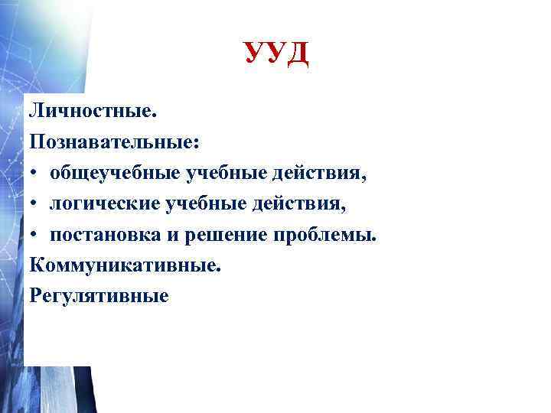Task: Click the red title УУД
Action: point(276,54)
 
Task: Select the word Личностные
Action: point(93,111)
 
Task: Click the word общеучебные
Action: point(114,173)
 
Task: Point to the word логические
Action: point(104,203)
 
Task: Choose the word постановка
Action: point(112,234)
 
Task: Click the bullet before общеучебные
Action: point(35,174)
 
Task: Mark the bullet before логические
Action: point(35,204)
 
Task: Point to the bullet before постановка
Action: point(35,235)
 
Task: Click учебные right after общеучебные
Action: point(225,173)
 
